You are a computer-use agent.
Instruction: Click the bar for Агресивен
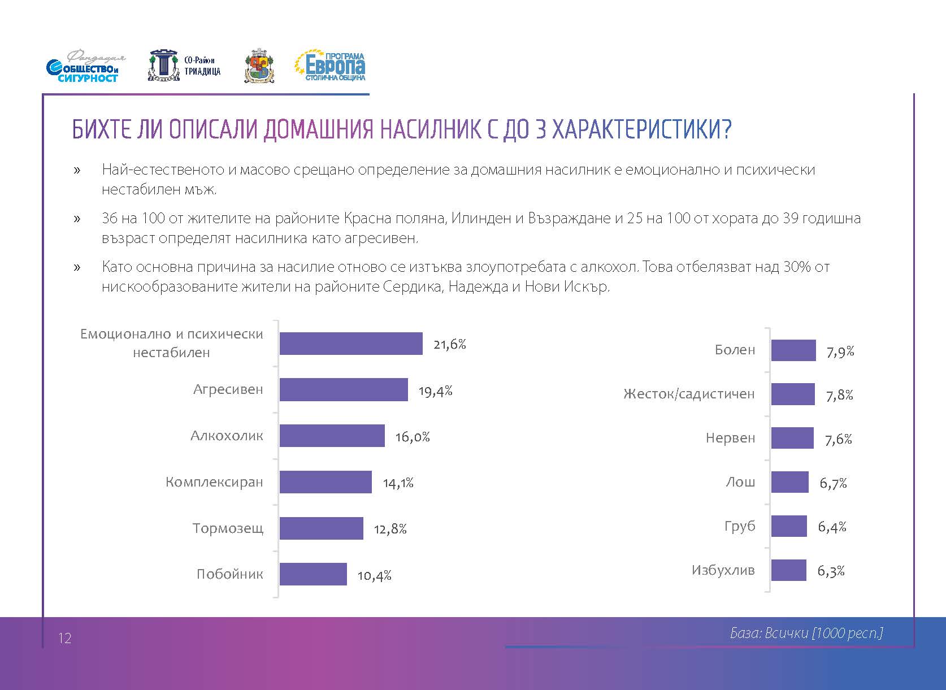tap(344, 390)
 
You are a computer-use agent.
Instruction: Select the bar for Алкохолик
tap(332, 436)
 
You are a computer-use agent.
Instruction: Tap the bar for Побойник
tap(313, 574)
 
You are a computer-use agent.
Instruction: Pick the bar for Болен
tap(793, 350)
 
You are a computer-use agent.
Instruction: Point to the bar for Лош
tap(789, 483)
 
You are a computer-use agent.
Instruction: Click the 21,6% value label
tap(449, 344)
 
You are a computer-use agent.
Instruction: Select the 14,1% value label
tap(398, 483)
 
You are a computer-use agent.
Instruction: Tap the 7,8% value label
tap(839, 395)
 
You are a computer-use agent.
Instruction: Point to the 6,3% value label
tap(831, 571)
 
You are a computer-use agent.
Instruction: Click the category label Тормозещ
tap(228, 528)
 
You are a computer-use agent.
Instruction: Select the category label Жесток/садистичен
tap(689, 394)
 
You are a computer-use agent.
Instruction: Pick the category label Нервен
tap(730, 438)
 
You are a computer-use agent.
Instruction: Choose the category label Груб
tap(740, 526)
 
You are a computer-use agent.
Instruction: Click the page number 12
tap(64, 639)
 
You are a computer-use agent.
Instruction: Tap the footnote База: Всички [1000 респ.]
tap(806, 633)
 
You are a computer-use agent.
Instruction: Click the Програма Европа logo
tap(330, 67)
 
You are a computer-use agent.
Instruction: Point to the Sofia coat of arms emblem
tap(259, 68)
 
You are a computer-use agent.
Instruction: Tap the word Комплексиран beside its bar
tap(214, 482)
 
